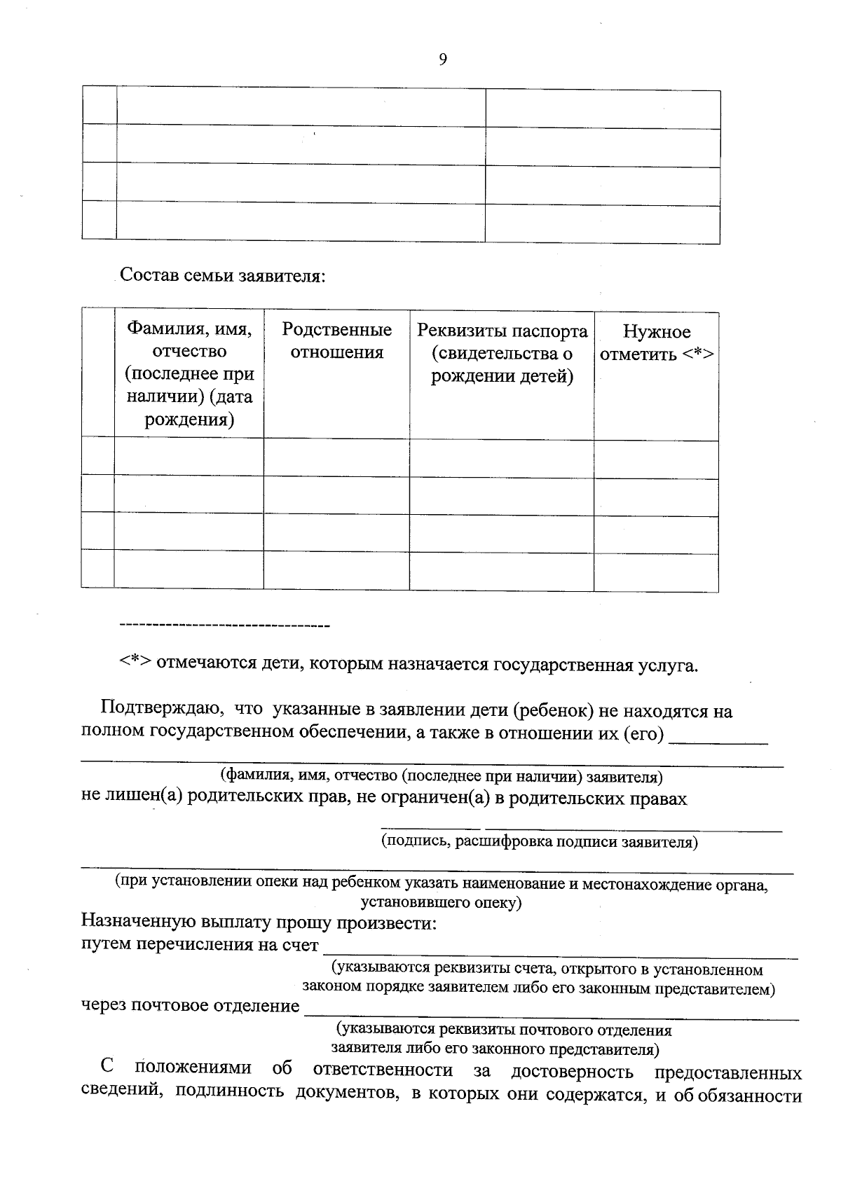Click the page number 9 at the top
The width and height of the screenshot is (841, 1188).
(442, 60)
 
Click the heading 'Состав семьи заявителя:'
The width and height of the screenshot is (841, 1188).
(223, 275)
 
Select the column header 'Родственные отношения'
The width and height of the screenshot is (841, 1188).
(336, 341)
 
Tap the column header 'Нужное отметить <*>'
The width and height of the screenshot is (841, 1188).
(657, 343)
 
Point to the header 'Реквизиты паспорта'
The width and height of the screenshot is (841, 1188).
(502, 331)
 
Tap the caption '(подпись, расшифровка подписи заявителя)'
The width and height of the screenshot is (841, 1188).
(539, 842)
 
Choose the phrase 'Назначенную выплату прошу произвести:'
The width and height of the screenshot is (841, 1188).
(259, 923)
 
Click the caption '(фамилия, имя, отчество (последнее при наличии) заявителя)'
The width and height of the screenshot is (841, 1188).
(442, 776)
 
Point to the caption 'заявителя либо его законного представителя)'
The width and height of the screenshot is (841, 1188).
(495, 1049)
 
